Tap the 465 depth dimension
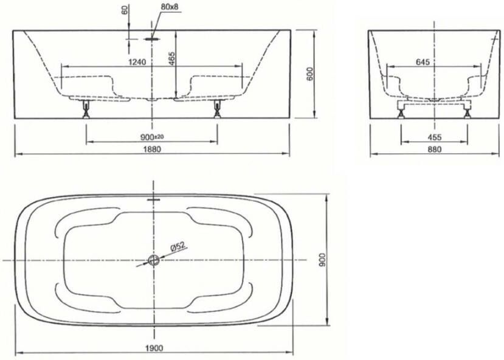click(x=172, y=58)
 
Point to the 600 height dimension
click(x=309, y=74)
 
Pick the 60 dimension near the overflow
click(x=125, y=12)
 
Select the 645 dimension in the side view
click(x=424, y=62)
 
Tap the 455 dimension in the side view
click(x=434, y=137)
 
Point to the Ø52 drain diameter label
click(x=178, y=247)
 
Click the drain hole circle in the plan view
click(x=153, y=260)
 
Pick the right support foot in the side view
click(x=466, y=109)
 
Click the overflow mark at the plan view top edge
click(x=153, y=198)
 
